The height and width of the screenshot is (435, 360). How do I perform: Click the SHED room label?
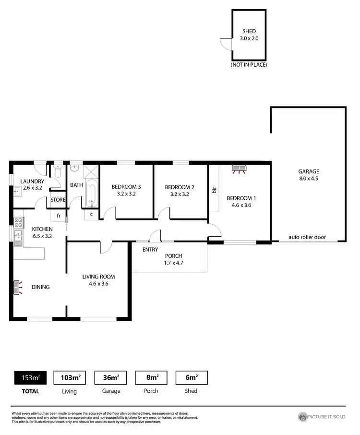point(249,32)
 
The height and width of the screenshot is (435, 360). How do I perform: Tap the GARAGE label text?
point(308,171)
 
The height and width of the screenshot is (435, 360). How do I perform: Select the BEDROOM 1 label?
point(239,198)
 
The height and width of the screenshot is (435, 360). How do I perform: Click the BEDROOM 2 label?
point(179,187)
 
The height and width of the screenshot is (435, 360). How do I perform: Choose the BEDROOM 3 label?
point(126,187)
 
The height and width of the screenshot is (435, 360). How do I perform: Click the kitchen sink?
point(19,236)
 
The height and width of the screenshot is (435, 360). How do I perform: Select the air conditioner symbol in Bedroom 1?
point(239,169)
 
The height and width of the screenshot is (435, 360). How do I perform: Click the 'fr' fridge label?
point(59,216)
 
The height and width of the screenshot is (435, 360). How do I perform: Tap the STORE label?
point(58,200)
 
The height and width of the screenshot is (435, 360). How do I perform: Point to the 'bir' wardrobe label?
point(214,191)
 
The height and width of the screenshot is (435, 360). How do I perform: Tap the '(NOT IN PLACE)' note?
point(249,65)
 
